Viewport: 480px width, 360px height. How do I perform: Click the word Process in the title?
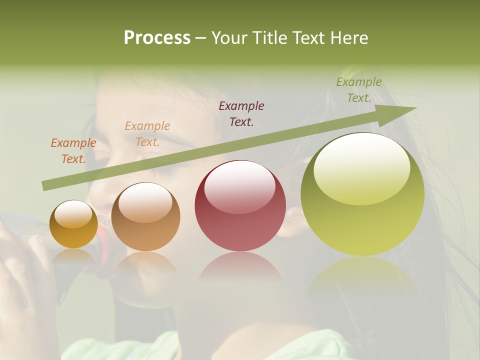coord(157,38)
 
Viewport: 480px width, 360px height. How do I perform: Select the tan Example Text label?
coord(147,134)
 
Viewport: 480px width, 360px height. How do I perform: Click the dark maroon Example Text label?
coord(241,113)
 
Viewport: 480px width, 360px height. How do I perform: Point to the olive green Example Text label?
coord(359,90)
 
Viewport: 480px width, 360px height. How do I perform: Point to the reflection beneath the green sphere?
coord(362,277)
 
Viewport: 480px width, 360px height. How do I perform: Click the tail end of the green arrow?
coord(46,186)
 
